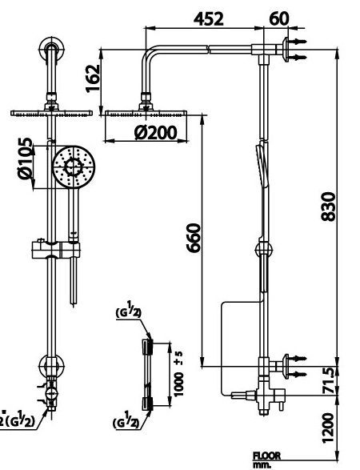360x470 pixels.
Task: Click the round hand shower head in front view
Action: (x=73, y=167)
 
